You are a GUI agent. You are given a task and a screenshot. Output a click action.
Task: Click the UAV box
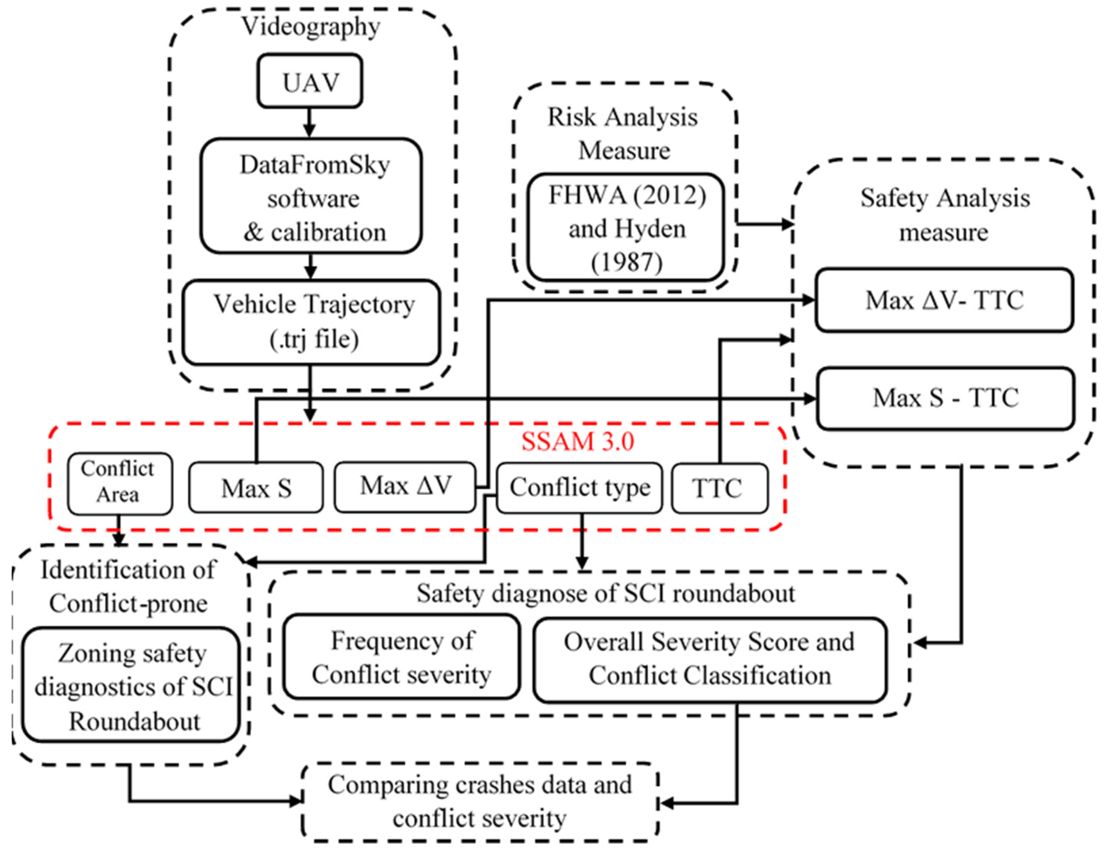(310, 81)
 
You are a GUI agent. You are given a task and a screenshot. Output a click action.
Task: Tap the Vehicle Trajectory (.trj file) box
(311, 322)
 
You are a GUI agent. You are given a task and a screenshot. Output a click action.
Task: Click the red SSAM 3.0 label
(577, 441)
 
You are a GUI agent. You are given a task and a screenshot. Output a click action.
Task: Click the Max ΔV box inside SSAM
(405, 486)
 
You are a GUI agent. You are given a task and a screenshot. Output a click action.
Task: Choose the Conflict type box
(579, 488)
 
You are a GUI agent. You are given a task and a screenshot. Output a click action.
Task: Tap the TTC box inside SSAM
(719, 488)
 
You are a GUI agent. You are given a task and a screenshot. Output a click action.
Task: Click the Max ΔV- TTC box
(944, 300)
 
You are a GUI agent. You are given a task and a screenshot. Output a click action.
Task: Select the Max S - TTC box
(945, 398)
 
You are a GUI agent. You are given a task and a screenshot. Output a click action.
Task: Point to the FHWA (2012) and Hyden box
(626, 228)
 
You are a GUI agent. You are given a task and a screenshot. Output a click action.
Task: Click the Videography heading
(310, 26)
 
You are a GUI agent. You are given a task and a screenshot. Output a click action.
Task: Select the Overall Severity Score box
(710, 659)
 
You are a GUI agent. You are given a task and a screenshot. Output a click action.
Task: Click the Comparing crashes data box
(480, 802)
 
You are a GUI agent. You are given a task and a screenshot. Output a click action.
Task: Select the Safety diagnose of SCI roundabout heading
(606, 593)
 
